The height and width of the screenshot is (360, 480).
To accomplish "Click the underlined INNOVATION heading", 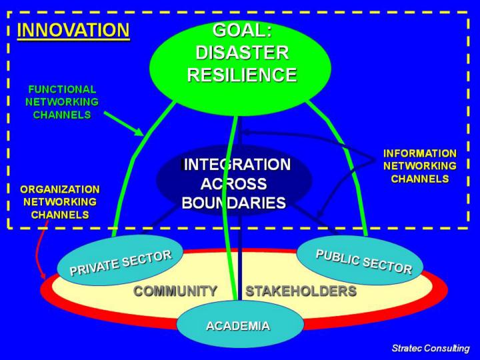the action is [73, 31].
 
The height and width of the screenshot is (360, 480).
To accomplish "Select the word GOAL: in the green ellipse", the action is [242, 30].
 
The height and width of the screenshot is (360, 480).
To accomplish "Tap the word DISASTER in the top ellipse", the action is [242, 53].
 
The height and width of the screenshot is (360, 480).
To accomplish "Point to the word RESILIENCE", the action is [242, 75].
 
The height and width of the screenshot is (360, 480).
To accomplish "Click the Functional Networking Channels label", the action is [62, 102].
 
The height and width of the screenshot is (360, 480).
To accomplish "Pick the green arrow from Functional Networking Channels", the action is [124, 124].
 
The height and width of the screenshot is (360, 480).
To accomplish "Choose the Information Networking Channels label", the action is [420, 166].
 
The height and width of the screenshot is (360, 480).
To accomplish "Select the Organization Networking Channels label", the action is [60, 202].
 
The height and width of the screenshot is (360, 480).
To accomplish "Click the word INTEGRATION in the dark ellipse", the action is [236, 165].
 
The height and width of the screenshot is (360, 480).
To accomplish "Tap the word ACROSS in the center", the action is [233, 184].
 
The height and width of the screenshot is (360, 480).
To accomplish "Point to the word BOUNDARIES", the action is [234, 203].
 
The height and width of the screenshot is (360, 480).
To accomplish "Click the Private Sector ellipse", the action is [120, 261].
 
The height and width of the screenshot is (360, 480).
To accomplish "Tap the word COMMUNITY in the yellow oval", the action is [175, 291].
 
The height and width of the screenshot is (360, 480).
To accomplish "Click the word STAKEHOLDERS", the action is [301, 291].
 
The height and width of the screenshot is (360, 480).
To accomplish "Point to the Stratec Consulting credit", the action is [431, 349].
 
